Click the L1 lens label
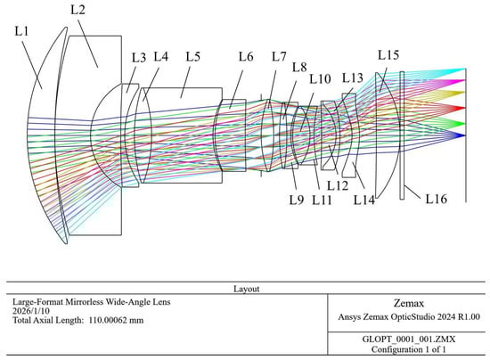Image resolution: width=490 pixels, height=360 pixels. (x=21, y=31)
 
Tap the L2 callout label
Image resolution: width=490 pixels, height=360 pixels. (x=78, y=10)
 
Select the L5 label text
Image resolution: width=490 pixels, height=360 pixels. (x=192, y=56)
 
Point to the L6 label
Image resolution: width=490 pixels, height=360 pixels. (x=246, y=56)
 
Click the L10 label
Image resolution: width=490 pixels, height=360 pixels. (x=320, y=79)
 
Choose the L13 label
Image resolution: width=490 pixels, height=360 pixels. (x=353, y=78)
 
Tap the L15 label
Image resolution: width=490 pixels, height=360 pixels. (x=388, y=54)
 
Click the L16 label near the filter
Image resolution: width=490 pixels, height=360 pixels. (x=437, y=199)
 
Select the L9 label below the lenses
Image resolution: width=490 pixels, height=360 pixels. (x=297, y=200)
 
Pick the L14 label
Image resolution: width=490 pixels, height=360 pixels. (x=364, y=200)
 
